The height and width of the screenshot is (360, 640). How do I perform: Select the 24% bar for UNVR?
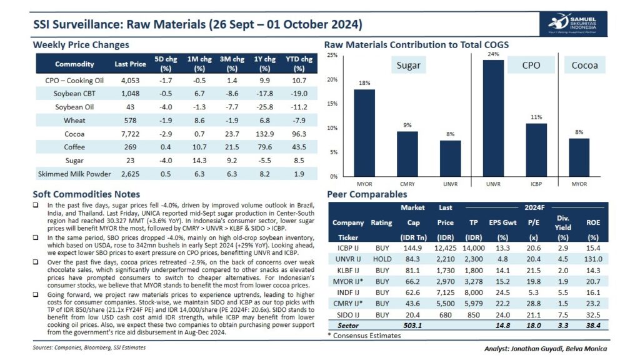(493, 118)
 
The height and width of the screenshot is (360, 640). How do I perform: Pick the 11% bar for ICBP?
(536, 149)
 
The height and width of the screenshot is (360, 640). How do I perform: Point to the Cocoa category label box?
(585, 65)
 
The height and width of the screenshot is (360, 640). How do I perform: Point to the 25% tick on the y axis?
(332, 56)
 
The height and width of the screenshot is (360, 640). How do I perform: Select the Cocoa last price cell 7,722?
(130, 134)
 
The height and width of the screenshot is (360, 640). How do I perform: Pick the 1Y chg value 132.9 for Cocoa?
(264, 134)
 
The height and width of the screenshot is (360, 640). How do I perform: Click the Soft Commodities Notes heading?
(86, 194)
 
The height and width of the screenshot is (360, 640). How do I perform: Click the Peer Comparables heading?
(367, 194)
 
